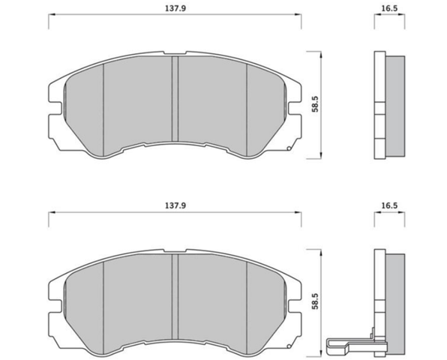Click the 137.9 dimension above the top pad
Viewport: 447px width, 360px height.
(x=175, y=8)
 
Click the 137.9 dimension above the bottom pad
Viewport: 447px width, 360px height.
(x=175, y=205)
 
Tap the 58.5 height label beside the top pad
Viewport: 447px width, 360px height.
(x=315, y=104)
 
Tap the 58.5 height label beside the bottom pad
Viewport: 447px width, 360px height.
(x=315, y=301)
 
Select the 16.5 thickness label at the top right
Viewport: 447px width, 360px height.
(x=389, y=8)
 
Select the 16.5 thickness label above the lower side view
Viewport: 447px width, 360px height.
(x=389, y=205)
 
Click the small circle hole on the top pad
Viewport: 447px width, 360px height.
(x=289, y=148)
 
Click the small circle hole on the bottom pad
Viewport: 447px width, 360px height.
(x=289, y=346)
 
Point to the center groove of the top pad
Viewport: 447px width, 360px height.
(x=175, y=98)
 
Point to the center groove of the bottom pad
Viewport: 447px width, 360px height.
(x=175, y=296)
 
